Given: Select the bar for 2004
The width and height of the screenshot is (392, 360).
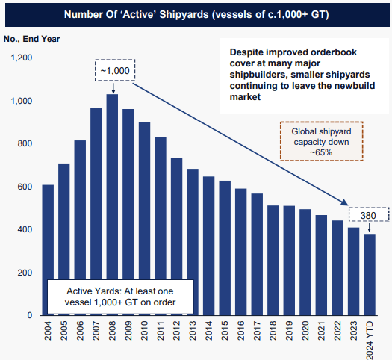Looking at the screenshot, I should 48,249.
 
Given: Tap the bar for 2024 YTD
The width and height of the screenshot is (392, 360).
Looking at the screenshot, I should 370,274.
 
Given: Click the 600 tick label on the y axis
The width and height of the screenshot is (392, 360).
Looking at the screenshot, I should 24,187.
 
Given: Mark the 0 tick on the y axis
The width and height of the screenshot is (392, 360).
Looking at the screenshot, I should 29,316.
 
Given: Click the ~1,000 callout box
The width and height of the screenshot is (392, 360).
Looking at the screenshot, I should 116,70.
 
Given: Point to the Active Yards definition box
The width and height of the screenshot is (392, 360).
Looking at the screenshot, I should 120,297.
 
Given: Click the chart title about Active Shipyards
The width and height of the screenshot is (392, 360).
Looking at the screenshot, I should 196,14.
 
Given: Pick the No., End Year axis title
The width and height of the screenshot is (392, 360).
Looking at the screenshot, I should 31,38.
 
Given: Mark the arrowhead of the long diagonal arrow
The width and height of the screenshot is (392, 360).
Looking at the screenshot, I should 345,202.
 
